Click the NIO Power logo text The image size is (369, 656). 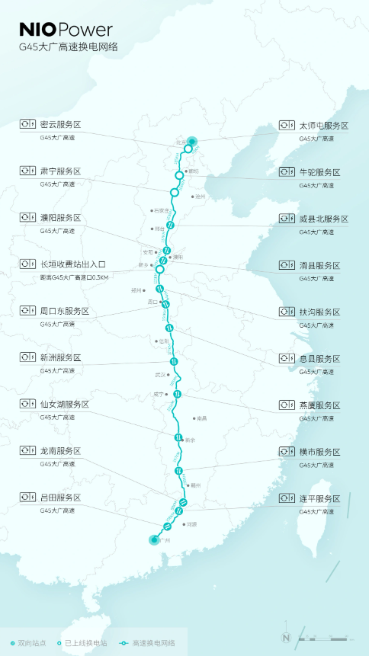66,30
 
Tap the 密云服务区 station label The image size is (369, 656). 60,124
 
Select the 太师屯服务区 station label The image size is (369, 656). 323,125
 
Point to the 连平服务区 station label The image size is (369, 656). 319,498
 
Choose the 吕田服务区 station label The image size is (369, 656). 60,498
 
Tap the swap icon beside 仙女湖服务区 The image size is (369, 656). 28,404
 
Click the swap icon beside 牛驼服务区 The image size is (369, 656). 287,171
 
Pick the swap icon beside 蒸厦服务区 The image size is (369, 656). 287,405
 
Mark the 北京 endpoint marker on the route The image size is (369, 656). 192,141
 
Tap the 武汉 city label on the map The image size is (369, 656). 160,375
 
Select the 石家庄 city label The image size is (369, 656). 160,210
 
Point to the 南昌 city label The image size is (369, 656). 201,418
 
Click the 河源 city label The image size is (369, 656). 191,524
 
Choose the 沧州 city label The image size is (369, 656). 201,197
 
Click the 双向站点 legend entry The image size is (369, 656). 28,643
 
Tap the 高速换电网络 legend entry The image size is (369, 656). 152,643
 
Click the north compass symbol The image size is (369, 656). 286,637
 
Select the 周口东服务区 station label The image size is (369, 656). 65,311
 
